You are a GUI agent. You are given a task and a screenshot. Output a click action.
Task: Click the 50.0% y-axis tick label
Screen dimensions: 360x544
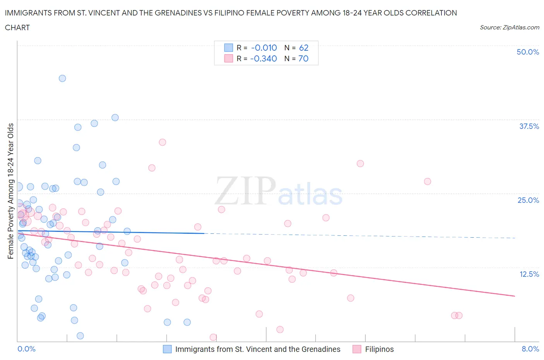point(528,52)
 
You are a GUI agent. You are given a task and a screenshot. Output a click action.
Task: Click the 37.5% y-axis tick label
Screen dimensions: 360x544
point(529,126)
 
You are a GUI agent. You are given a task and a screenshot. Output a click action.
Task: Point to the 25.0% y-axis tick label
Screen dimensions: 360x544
point(528,200)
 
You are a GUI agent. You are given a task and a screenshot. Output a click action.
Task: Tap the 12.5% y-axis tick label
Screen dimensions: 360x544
point(529,274)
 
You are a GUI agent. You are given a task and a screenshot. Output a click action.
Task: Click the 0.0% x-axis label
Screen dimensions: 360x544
point(27,349)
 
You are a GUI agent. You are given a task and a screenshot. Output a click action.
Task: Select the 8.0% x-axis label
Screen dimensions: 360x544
point(530,349)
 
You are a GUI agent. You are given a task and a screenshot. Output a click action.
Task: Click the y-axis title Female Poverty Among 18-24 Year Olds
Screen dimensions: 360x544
point(11,191)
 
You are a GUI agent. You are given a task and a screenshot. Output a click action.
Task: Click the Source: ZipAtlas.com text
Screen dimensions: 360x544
point(509,27)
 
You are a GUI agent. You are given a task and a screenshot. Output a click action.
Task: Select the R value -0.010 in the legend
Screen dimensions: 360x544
point(264,48)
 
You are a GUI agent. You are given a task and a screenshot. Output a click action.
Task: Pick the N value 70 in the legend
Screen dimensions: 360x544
point(303,58)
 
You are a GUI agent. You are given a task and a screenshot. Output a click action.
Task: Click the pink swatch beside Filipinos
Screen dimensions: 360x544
point(357,349)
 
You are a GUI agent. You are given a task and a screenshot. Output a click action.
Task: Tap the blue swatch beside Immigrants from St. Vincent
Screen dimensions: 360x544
point(167,349)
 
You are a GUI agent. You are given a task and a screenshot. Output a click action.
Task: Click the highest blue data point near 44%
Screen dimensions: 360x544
point(62,78)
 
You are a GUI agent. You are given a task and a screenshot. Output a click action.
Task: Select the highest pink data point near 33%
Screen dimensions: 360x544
point(163,142)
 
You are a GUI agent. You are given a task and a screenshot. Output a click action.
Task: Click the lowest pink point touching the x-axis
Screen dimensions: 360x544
point(213,337)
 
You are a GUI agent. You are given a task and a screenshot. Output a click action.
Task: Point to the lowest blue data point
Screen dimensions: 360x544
point(80,336)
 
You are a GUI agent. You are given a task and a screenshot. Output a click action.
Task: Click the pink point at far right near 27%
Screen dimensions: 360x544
point(427,182)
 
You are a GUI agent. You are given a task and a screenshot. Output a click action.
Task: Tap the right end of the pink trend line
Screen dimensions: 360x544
point(515,296)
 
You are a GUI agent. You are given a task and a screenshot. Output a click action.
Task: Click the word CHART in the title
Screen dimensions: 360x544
point(17,27)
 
